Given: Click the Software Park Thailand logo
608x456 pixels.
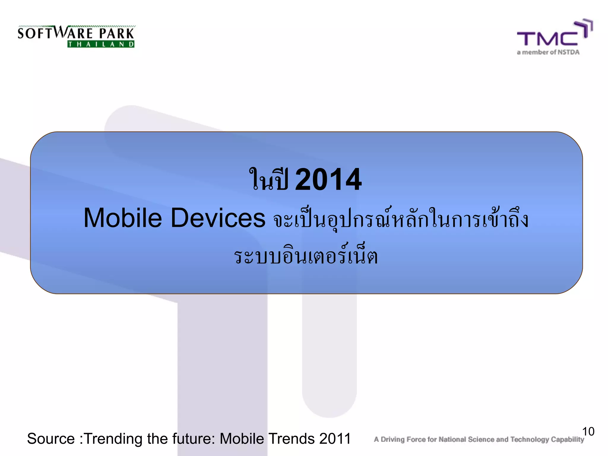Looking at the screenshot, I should pyautogui.click(x=76, y=36).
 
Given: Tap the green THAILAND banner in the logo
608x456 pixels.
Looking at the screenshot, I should pyautogui.click(x=101, y=45).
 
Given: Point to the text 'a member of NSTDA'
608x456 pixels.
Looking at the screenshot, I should pyautogui.click(x=548, y=53).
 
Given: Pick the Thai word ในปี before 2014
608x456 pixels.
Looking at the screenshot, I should pyautogui.click(x=269, y=179).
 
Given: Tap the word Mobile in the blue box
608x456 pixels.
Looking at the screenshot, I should pyautogui.click(x=123, y=218).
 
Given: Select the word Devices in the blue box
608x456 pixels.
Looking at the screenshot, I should pyautogui.click(x=218, y=218).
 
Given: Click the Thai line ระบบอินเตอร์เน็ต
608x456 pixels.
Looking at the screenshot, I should pyautogui.click(x=306, y=256).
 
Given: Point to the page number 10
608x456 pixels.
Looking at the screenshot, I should pyautogui.click(x=588, y=432).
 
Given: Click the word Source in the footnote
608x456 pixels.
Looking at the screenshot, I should pyautogui.click(x=51, y=439).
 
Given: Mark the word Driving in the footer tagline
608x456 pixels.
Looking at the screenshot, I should pyautogui.click(x=392, y=439).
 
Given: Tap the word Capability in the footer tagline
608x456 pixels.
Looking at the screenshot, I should pyautogui.click(x=567, y=440).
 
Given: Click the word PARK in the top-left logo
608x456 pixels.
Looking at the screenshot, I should pyautogui.click(x=117, y=34).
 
